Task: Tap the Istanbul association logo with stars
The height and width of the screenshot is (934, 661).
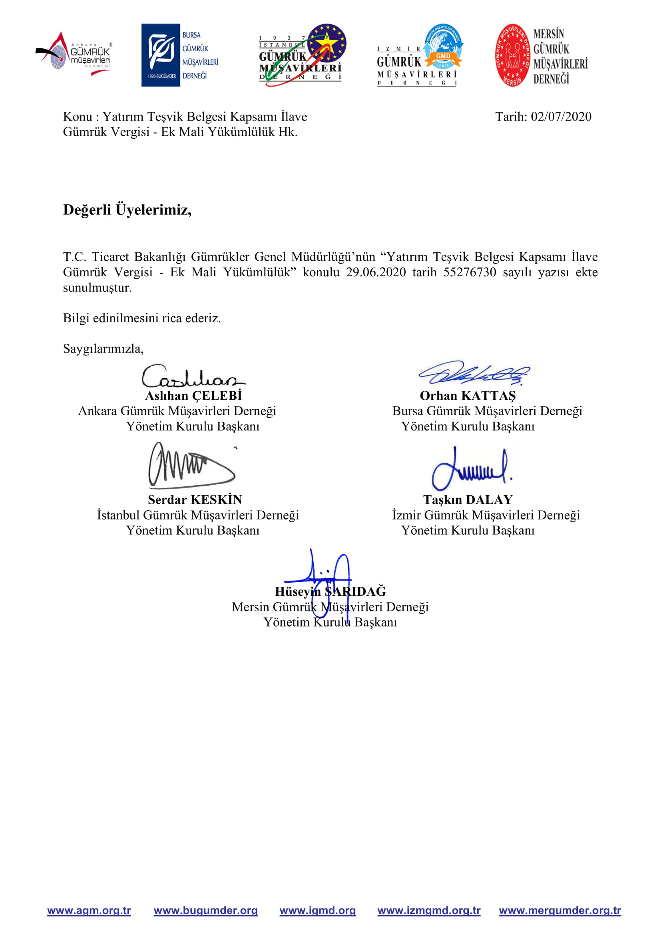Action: pyautogui.click(x=303, y=55)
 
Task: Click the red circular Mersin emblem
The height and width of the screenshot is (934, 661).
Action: pyautogui.click(x=513, y=55)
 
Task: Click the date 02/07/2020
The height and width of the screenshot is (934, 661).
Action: pyautogui.click(x=560, y=117)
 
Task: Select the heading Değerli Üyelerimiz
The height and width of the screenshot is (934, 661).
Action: pyautogui.click(x=127, y=210)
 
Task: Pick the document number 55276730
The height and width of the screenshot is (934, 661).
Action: pyautogui.click(x=469, y=272)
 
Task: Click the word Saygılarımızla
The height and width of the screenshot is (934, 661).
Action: pyautogui.click(x=103, y=349)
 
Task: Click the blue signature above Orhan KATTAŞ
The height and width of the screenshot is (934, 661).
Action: pyautogui.click(x=474, y=373)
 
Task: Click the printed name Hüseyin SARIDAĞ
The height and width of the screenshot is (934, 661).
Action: pyautogui.click(x=330, y=591)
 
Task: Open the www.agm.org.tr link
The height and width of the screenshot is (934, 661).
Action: pyautogui.click(x=89, y=910)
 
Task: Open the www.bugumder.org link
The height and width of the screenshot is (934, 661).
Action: pyautogui.click(x=205, y=910)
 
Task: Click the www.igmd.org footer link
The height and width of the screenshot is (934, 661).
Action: pyautogui.click(x=317, y=910)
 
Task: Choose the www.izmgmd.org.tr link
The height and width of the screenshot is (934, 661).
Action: pyautogui.click(x=429, y=910)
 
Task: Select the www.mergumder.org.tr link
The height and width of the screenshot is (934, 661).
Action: pyautogui.click(x=559, y=910)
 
